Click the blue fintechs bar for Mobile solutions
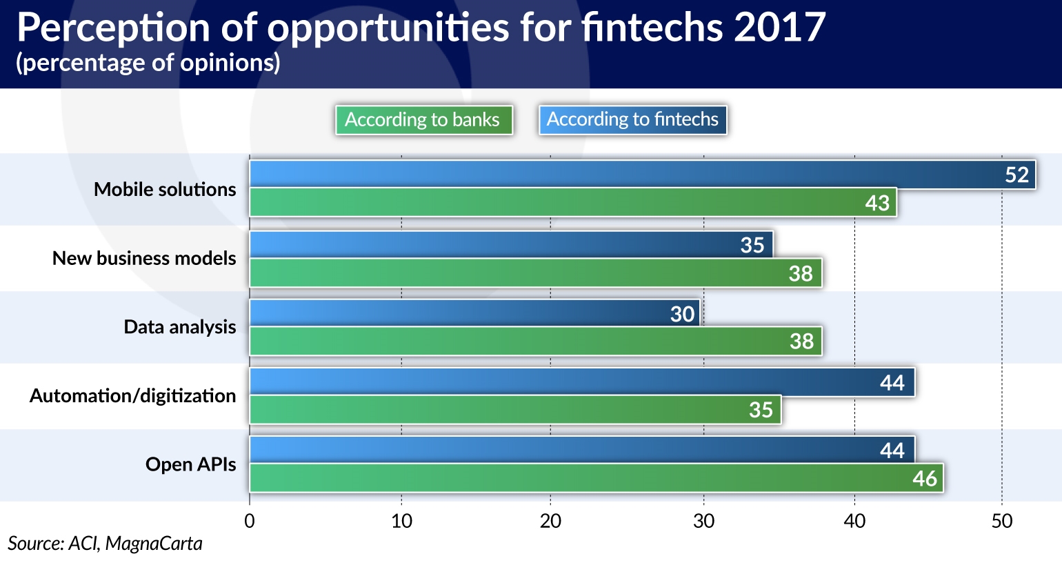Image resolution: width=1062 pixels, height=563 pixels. tap(643, 174)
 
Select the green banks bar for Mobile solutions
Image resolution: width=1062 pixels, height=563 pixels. tap(573, 203)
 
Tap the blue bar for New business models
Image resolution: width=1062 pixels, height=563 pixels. tap(512, 245)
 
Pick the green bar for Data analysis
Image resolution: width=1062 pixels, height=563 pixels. tap(536, 341)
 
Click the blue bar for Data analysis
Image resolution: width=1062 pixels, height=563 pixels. tap(474, 313)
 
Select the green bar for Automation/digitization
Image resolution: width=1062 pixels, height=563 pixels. tap(515, 409)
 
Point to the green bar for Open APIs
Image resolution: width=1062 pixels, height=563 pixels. tap(597, 477)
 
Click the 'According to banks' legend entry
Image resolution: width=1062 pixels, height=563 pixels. tap(424, 120)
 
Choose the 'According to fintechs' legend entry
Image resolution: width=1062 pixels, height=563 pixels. tap(632, 120)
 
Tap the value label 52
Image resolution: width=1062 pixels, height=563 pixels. tap(1016, 175)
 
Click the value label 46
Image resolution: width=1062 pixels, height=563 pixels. tap(925, 479)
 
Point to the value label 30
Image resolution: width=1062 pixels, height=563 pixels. tap(682, 314)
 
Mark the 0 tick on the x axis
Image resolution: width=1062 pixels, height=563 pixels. tap(250, 522)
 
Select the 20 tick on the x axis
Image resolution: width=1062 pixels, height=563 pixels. tap(550, 522)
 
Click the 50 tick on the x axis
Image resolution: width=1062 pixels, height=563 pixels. tap(1002, 522)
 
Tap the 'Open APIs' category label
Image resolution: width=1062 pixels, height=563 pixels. tap(190, 464)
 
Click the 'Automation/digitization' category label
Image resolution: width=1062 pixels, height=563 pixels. tap(132, 395)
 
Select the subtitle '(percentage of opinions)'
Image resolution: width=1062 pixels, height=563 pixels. tap(148, 63)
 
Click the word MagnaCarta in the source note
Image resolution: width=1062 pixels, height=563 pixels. tap(154, 544)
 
